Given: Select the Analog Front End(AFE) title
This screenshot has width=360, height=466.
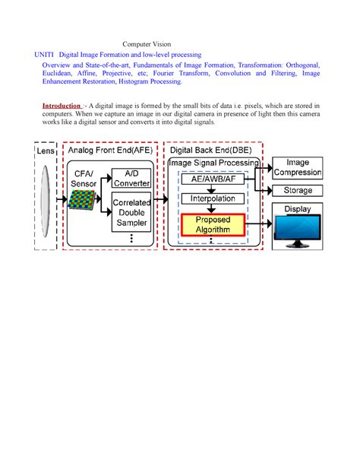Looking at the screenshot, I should [109, 151].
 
